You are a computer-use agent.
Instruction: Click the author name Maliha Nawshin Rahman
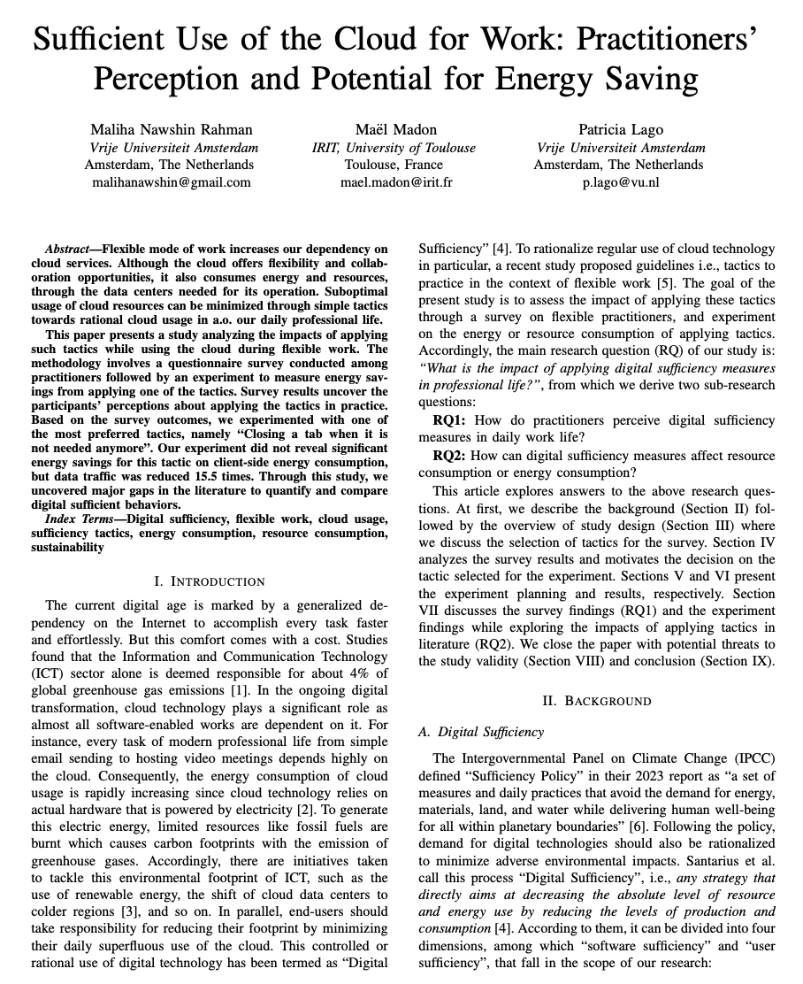(173, 130)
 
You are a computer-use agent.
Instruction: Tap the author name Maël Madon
(396, 130)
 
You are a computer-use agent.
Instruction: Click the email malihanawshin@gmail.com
(172, 182)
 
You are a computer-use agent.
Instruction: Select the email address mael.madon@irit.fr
(396, 182)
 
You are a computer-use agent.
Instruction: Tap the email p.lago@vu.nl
(620, 182)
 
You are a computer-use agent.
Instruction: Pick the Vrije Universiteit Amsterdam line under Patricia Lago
(621, 148)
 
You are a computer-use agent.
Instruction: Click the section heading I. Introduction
(210, 581)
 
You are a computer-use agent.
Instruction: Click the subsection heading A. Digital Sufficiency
(480, 732)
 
